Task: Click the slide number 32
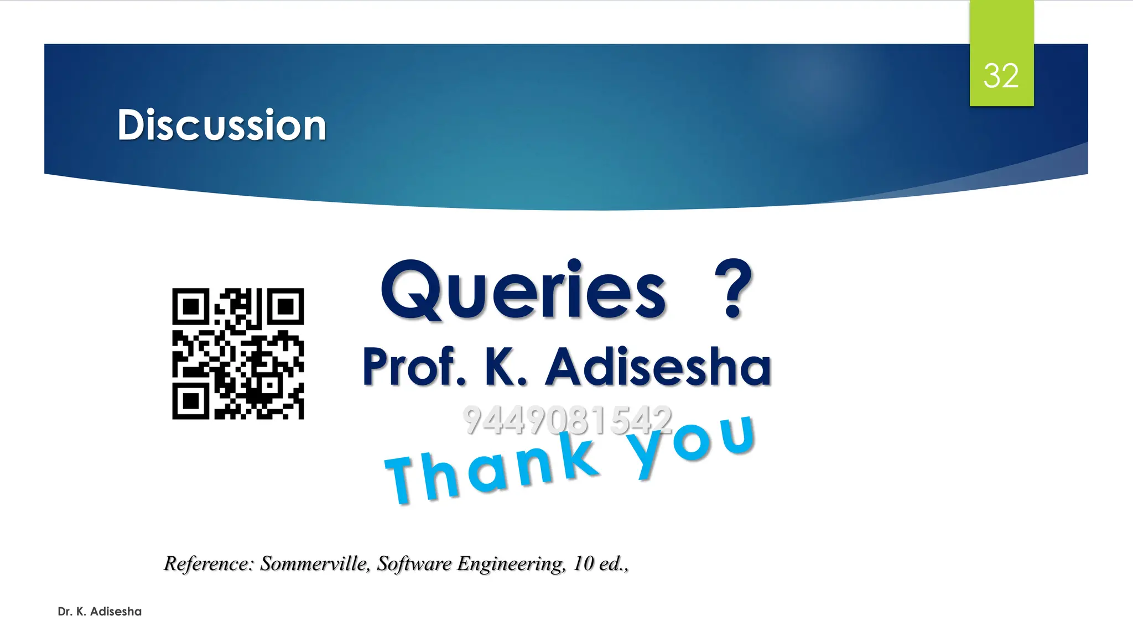click(x=1001, y=76)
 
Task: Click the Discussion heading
click(x=222, y=125)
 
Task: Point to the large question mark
click(x=733, y=289)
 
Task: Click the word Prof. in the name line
click(x=414, y=367)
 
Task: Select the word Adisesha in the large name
click(x=658, y=367)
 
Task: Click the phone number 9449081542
click(x=567, y=420)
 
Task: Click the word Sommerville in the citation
click(x=315, y=563)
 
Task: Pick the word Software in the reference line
click(x=414, y=563)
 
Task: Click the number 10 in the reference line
click(x=583, y=563)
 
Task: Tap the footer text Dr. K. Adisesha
click(x=100, y=612)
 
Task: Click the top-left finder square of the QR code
click(x=191, y=306)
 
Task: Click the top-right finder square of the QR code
click(x=285, y=306)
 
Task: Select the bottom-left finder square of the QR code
click(x=191, y=401)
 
